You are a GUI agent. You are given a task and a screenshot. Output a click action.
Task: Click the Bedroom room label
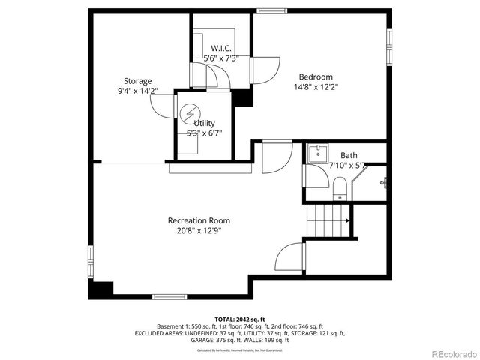tap(316, 76)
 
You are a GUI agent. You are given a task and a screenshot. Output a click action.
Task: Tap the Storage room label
tap(138, 81)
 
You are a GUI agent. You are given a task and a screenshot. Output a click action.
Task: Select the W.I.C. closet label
tap(220, 49)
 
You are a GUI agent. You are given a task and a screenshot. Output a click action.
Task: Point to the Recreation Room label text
tap(199, 220)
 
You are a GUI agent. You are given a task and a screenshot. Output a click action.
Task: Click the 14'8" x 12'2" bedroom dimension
tap(316, 86)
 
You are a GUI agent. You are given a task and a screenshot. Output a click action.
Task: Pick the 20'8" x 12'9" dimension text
tap(199, 231)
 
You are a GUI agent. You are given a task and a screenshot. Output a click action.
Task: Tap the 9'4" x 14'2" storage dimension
tap(138, 91)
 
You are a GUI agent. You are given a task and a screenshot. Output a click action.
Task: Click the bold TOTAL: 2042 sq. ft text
tap(240, 319)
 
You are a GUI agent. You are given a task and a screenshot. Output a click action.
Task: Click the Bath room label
tap(349, 155)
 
